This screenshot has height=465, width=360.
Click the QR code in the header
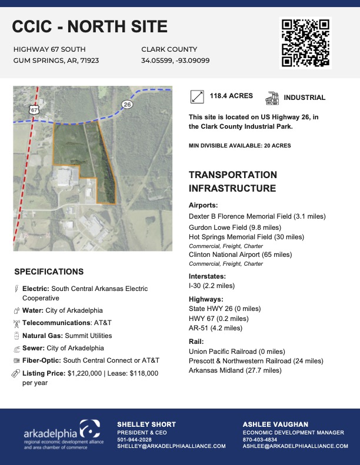click(x=305, y=43)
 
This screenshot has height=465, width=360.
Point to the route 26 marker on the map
click(x=127, y=104)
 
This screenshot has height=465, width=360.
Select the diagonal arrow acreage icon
click(x=198, y=97)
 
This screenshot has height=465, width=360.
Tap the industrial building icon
click(x=272, y=98)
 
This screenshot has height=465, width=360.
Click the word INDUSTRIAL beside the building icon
click(x=304, y=98)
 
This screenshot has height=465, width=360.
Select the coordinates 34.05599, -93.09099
click(x=175, y=61)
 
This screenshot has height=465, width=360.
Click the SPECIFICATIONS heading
click(x=49, y=272)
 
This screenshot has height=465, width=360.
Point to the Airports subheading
click(x=203, y=206)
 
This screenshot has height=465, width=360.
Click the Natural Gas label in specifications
click(x=42, y=336)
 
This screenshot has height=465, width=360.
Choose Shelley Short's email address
click(x=171, y=446)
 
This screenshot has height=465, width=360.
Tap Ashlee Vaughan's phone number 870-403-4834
click(x=259, y=440)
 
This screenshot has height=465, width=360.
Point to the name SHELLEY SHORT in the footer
click(x=146, y=424)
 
